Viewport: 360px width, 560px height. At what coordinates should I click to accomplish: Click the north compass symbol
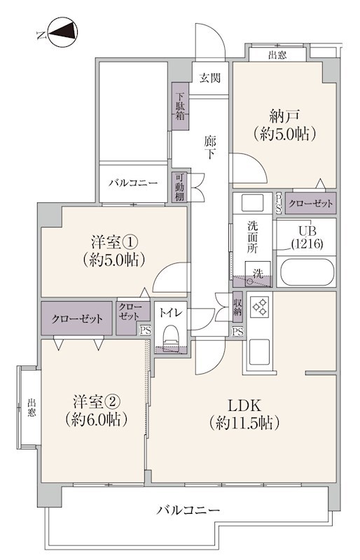(62, 32)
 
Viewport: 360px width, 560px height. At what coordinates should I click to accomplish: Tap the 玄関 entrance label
(210, 78)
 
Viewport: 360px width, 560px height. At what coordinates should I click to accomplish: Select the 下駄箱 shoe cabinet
(180, 106)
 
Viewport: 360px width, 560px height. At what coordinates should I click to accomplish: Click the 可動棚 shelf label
(179, 187)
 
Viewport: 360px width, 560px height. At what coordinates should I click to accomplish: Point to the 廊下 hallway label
(210, 148)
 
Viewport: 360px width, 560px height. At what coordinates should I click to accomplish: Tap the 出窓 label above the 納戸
(277, 55)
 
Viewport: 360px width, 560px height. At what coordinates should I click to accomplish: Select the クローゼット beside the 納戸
(311, 204)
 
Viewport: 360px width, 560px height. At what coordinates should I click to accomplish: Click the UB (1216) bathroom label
(307, 237)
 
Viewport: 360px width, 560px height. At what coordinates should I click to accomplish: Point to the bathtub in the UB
(307, 272)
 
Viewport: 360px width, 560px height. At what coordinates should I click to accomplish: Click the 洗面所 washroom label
(252, 237)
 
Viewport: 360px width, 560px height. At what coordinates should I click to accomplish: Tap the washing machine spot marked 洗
(258, 274)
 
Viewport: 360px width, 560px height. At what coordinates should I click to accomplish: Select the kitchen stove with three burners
(260, 307)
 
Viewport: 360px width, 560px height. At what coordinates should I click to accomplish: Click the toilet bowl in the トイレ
(170, 337)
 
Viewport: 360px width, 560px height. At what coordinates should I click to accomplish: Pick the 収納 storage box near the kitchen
(237, 307)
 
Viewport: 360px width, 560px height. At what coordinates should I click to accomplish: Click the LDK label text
(245, 406)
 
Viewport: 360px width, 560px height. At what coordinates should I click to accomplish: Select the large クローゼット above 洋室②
(76, 318)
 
